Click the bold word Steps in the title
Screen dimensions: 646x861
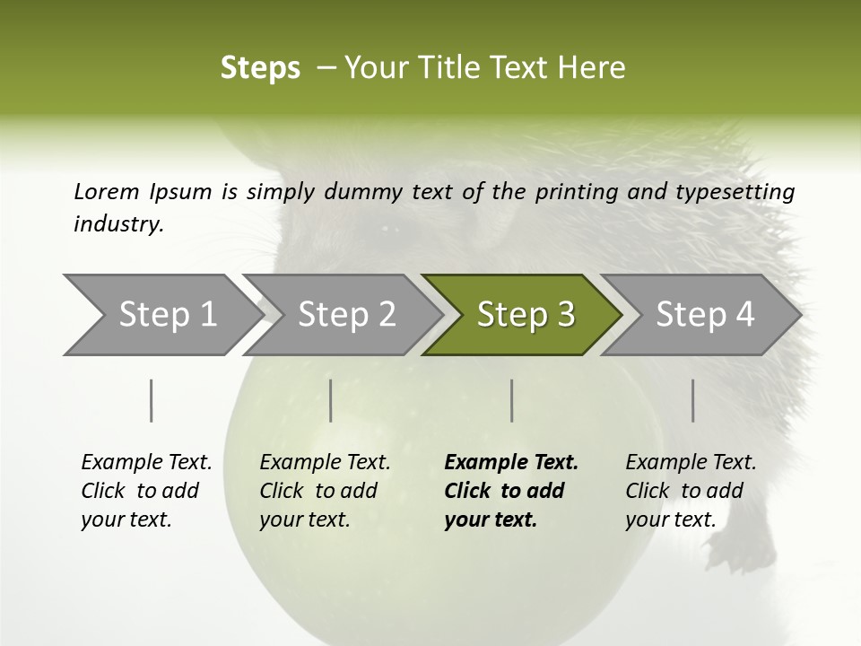[260, 68]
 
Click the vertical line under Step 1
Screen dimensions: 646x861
[151, 400]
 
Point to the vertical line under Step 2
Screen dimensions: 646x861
[331, 400]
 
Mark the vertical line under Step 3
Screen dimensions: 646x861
[511, 400]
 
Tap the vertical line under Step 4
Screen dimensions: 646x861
[692, 400]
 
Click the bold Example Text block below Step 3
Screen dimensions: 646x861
[511, 491]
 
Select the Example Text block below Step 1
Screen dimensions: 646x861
[146, 491]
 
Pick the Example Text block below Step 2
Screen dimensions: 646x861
[325, 491]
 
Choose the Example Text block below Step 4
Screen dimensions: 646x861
[691, 491]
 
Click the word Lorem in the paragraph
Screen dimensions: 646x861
[106, 191]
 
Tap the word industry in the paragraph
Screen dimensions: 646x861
[118, 223]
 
